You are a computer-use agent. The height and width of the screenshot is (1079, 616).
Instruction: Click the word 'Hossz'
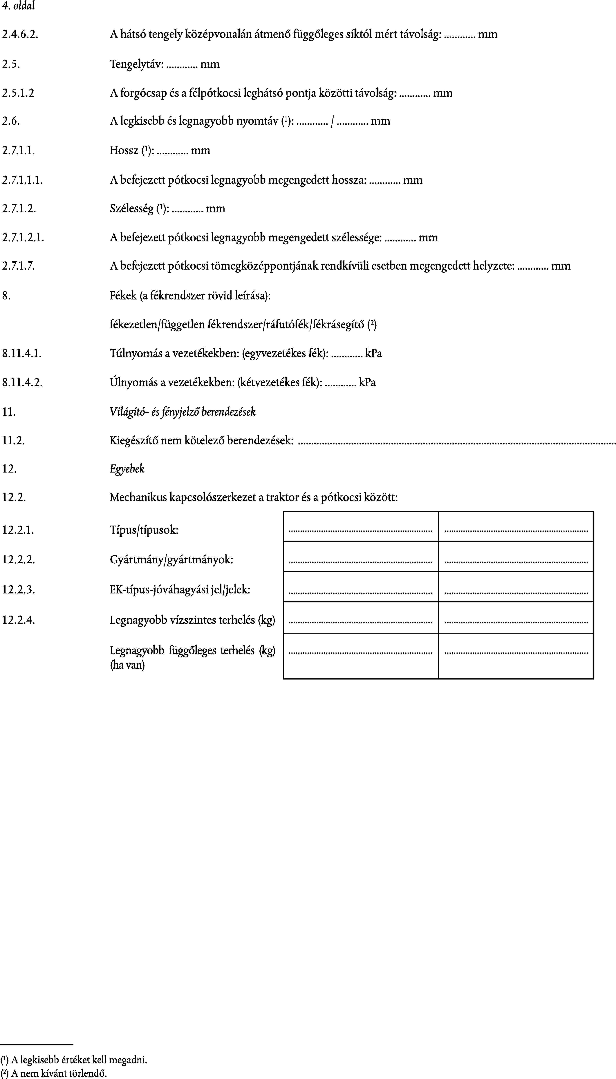[x=124, y=150]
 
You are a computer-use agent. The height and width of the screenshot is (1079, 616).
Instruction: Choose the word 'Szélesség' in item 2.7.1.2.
[x=132, y=208]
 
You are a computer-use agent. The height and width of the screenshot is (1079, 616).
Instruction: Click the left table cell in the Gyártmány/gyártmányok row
[x=360, y=557]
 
